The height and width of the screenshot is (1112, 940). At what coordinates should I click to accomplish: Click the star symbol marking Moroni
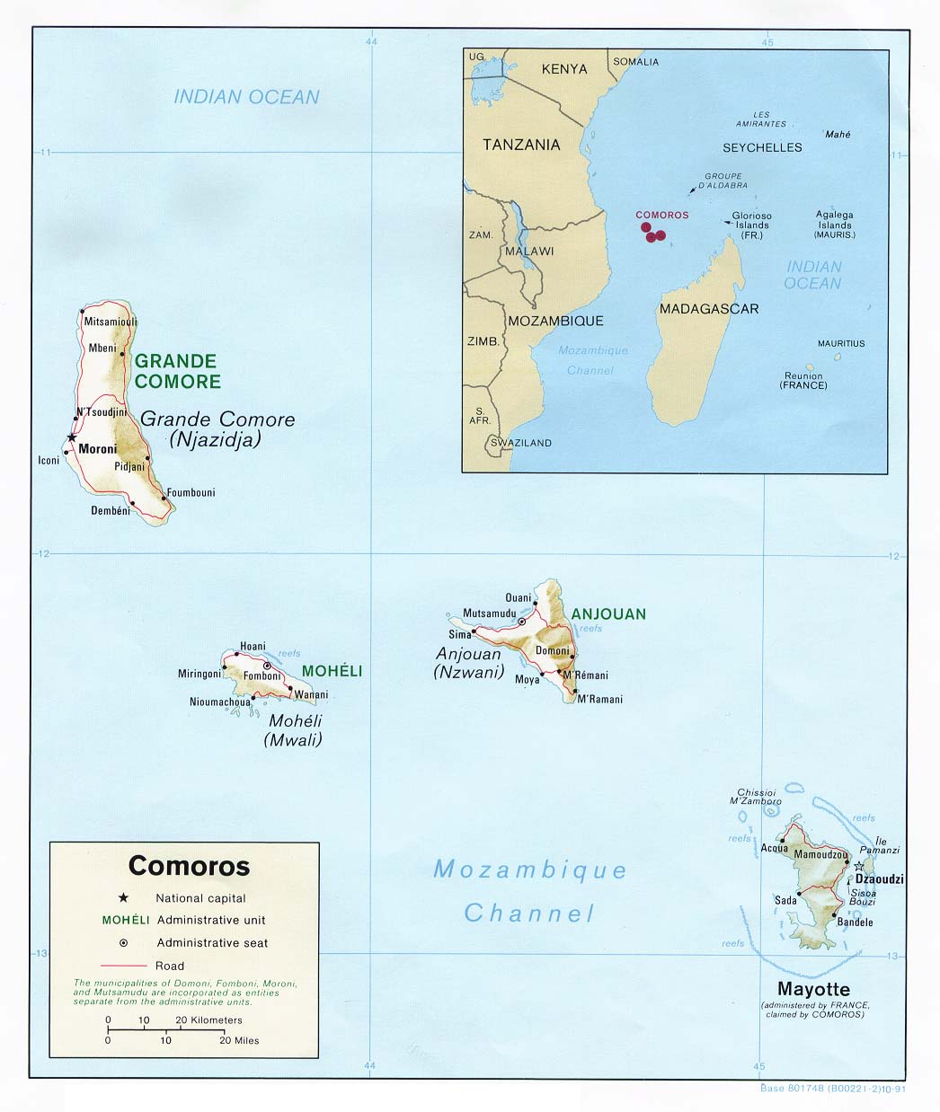click(71, 437)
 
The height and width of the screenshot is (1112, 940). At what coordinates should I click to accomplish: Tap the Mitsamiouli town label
click(110, 322)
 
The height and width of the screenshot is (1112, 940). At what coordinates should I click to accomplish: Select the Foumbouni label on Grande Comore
click(191, 492)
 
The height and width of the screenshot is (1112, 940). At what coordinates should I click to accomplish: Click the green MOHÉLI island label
click(332, 671)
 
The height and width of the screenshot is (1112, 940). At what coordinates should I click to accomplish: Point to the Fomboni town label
click(262, 676)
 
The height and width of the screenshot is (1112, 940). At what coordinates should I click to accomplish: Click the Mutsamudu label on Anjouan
click(489, 613)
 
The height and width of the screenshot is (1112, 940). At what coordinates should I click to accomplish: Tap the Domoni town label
click(552, 650)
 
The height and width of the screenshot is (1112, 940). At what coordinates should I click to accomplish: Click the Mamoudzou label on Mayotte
click(820, 855)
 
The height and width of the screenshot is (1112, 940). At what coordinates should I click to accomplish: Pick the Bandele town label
click(855, 922)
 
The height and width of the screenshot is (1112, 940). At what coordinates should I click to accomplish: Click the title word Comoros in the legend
click(189, 866)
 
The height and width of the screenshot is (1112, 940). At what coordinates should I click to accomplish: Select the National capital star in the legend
click(123, 897)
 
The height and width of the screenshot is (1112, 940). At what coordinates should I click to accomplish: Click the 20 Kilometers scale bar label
click(208, 1020)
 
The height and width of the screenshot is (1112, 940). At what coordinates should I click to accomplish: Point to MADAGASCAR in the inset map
click(709, 309)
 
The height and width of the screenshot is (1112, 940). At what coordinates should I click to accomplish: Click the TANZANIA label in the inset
click(521, 145)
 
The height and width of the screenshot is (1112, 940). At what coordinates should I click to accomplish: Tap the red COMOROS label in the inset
click(661, 215)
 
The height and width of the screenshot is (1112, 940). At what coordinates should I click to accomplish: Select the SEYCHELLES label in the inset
click(762, 147)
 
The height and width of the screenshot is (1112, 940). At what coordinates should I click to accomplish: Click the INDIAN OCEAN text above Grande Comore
click(246, 97)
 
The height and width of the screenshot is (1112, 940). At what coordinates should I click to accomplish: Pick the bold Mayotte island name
click(814, 989)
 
